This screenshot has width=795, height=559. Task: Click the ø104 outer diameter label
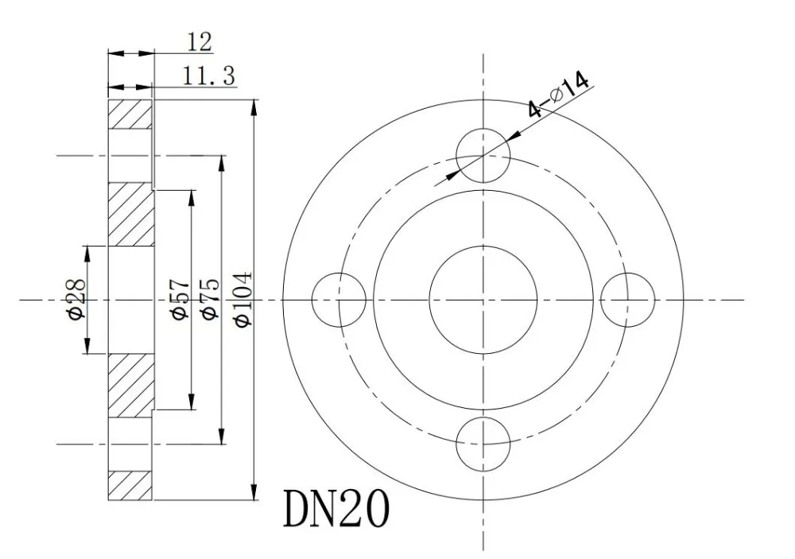(242, 299)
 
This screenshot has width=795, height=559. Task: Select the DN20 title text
(336, 510)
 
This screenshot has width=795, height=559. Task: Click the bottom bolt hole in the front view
(483, 444)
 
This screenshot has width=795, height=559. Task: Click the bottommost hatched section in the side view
(130, 486)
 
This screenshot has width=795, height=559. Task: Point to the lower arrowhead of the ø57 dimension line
(191, 402)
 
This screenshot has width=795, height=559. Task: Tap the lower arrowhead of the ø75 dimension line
(222, 437)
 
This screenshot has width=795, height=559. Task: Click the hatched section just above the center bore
(130, 215)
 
